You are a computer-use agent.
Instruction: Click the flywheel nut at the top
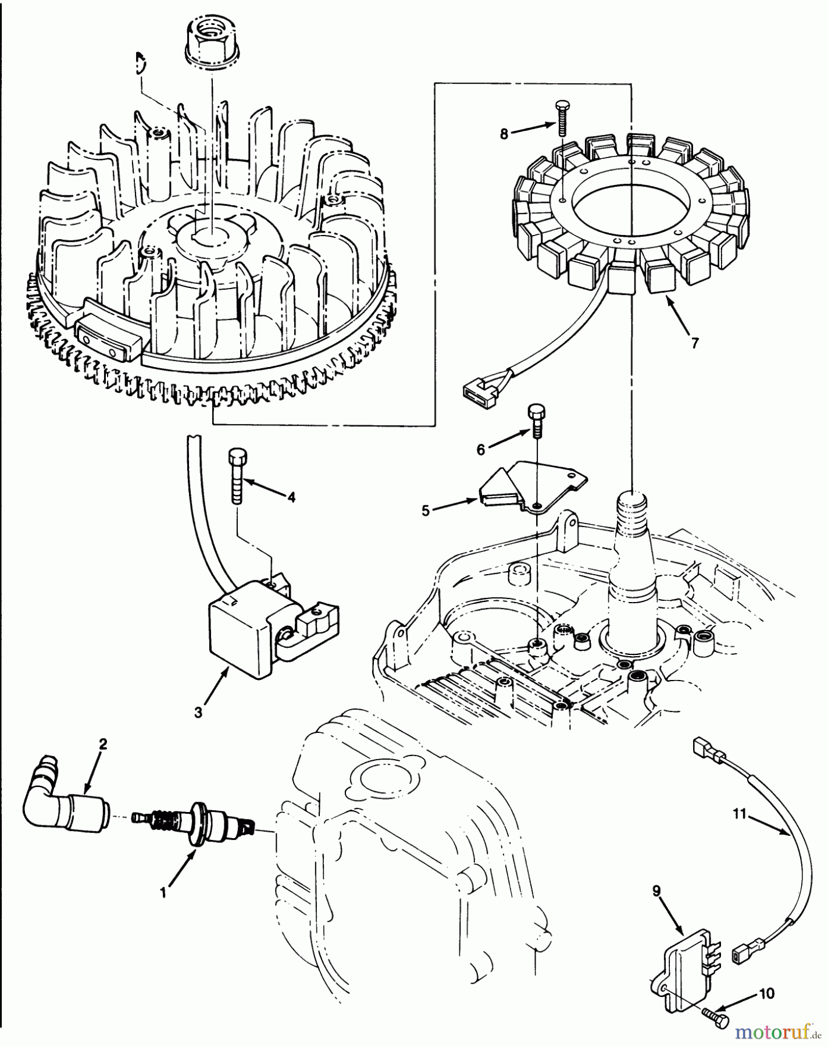coord(213,38)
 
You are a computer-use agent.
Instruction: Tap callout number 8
coord(504,134)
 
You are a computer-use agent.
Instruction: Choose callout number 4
coord(291,497)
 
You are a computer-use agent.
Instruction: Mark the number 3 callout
coord(198,712)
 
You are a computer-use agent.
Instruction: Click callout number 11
coord(739,814)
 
